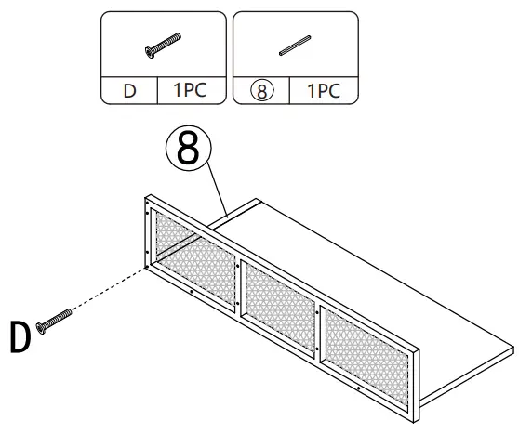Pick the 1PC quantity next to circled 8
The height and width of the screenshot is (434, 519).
click(x=324, y=91)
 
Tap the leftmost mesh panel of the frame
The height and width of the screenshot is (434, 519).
click(x=193, y=251)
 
